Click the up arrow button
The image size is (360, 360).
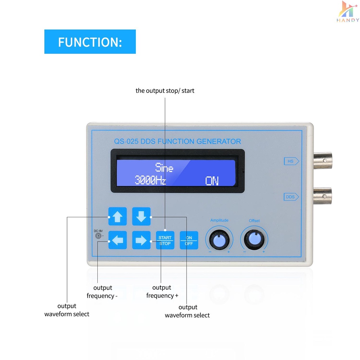point(117,216)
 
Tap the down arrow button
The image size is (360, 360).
point(141,216)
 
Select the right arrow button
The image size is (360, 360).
point(141,240)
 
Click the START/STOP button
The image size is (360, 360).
point(165,240)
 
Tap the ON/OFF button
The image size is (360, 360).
point(189,240)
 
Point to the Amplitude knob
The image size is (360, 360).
point(219,240)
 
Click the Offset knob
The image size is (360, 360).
point(254,240)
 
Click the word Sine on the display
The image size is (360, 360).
point(164,167)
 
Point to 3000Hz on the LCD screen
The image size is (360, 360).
point(150,180)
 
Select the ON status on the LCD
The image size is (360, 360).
point(212,181)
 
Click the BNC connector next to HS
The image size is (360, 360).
point(323,160)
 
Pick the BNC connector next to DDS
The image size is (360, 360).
point(323,196)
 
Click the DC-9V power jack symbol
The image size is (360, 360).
point(98,236)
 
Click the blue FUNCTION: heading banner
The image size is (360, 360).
point(90,41)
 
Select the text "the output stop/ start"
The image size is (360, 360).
point(165,91)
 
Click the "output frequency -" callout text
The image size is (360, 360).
point(102,291)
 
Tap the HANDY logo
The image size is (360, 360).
point(348,12)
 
